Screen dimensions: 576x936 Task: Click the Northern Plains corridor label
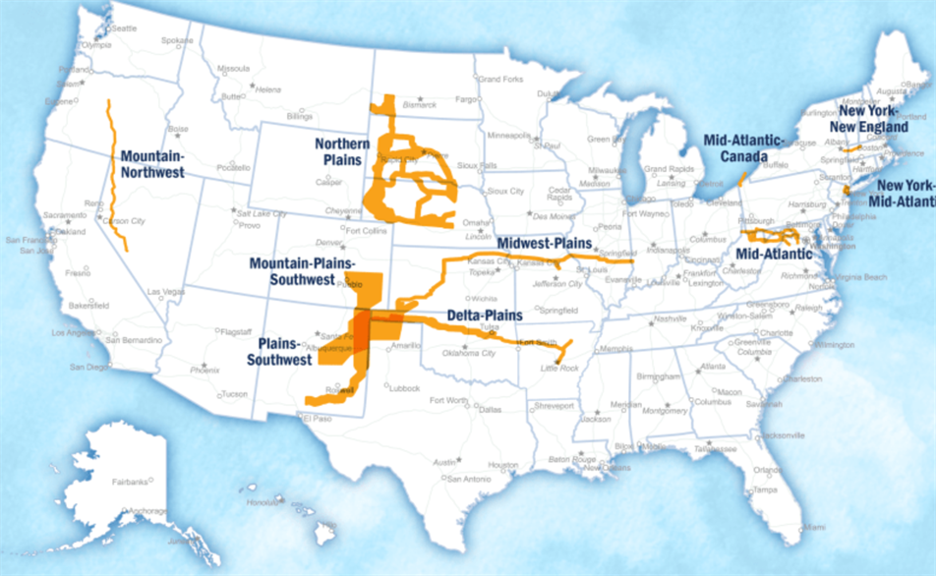(342, 151)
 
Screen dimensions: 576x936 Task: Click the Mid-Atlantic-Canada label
(744, 147)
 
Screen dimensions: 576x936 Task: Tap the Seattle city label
(124, 29)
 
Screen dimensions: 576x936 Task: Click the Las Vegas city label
(164, 292)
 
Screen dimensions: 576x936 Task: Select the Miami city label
(812, 527)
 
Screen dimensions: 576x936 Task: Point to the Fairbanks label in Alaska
(129, 482)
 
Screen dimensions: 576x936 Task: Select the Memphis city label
(616, 349)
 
